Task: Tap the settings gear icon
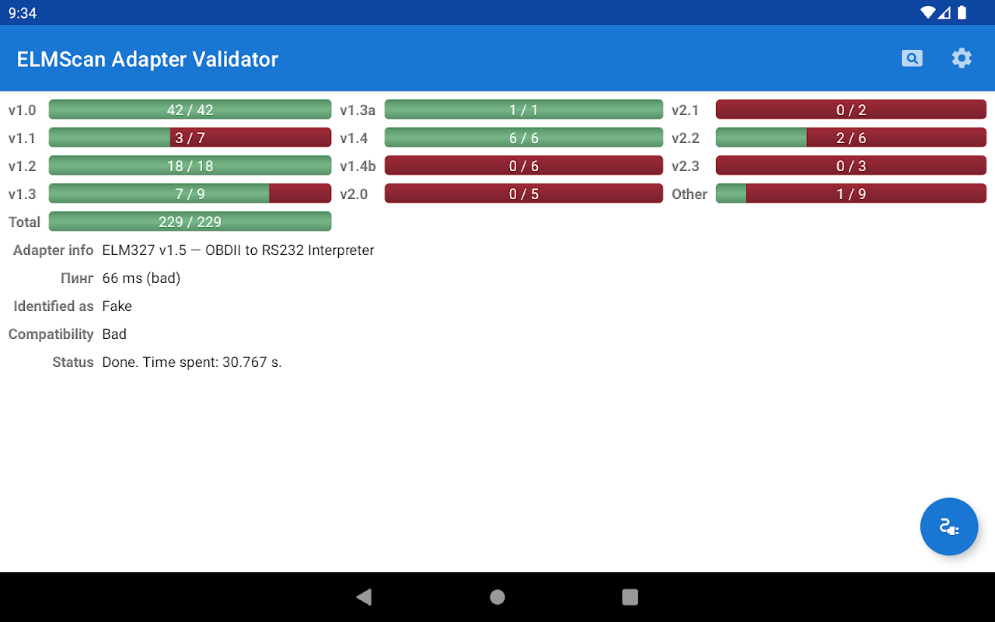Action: [x=962, y=58]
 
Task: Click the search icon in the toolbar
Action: [x=912, y=58]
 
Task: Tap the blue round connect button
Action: [x=948, y=526]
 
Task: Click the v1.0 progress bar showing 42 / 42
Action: [x=190, y=110]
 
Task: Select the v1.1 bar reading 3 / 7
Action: [x=190, y=138]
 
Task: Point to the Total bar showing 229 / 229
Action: [x=190, y=222]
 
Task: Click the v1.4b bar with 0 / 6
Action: [x=523, y=166]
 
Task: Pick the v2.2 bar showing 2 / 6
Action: [x=850, y=138]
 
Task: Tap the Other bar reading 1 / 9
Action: [x=850, y=194]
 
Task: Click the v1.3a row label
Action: [x=358, y=110]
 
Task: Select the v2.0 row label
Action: [x=354, y=194]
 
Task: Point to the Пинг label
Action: [x=77, y=278]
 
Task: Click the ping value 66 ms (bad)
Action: [x=141, y=278]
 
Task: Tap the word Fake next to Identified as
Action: [x=117, y=306]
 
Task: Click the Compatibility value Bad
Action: [x=114, y=334]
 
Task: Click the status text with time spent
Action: [x=192, y=362]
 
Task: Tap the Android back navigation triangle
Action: [x=364, y=596]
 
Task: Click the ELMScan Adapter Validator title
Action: [x=148, y=59]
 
